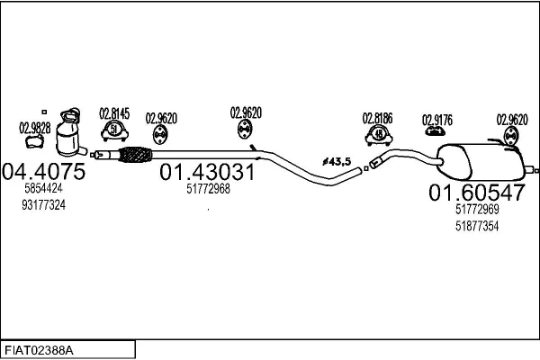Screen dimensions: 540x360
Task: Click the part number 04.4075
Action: coord(44,171)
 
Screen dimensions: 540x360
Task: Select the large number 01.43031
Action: coord(207,172)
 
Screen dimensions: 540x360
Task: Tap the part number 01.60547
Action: coord(477,193)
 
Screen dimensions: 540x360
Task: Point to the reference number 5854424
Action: coord(44,188)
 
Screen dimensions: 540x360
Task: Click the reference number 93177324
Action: coord(44,205)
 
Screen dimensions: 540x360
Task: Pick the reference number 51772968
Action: coord(209,189)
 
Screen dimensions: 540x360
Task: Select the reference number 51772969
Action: coord(477,209)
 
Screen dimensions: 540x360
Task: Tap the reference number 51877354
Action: coord(477,226)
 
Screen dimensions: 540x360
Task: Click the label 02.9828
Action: coord(35,128)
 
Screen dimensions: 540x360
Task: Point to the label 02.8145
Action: coord(114,113)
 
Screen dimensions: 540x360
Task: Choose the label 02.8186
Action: coord(377,119)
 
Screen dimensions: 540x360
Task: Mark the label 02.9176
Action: coord(437,121)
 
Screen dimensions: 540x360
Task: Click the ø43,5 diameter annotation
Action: coord(337,161)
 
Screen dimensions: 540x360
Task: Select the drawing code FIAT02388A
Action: coord(39,351)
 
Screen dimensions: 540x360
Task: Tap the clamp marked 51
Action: coord(114,130)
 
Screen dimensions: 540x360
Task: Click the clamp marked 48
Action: coord(379,135)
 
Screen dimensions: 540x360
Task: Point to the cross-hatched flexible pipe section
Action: coord(135,155)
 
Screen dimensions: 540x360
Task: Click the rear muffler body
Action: coord(481,162)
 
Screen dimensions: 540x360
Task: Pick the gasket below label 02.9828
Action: coord(35,141)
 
